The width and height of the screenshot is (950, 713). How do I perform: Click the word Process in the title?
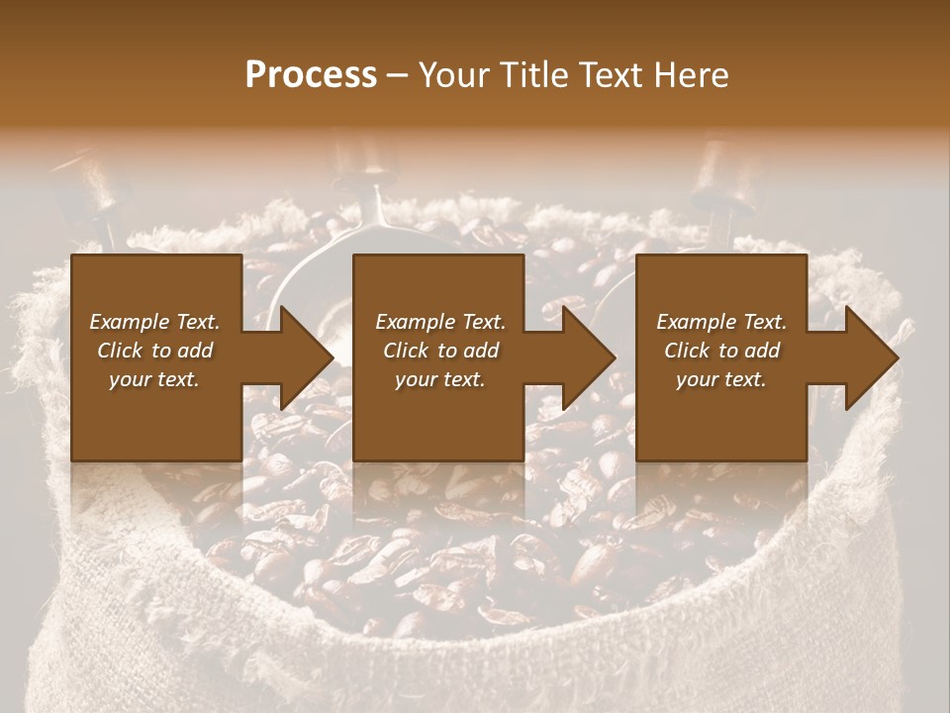311,75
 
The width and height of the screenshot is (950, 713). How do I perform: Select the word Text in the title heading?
608,75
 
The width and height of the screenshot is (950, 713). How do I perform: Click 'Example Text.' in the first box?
154,322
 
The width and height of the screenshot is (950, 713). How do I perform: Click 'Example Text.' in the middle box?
440,322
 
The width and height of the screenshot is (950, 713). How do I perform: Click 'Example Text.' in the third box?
721,322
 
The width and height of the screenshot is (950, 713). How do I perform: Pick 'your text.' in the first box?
154,379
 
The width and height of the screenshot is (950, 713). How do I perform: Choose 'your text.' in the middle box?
440,379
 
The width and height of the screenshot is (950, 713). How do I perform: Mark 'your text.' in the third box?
721,379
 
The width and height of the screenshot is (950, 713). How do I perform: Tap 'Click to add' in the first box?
154,351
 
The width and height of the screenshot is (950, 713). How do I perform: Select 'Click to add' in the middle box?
440,351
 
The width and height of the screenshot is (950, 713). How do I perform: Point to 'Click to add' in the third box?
721,351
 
